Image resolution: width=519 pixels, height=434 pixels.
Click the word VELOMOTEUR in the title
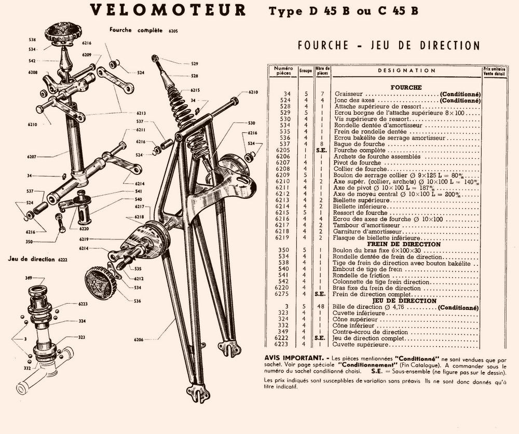pos(168,10)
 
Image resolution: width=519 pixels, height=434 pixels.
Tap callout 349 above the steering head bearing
pos(29,278)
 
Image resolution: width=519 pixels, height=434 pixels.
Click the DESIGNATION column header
pos(406,71)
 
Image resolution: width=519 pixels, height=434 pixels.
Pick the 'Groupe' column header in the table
pos(306,71)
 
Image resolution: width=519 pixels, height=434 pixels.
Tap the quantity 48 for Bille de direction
pos(322,307)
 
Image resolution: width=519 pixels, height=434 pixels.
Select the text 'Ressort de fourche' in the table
pos(361,212)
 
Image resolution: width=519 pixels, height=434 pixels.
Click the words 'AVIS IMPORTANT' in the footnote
pos(289,358)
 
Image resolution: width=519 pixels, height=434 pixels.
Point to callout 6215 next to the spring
pos(195,89)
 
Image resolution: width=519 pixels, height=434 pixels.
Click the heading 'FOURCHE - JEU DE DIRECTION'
pos(389,46)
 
